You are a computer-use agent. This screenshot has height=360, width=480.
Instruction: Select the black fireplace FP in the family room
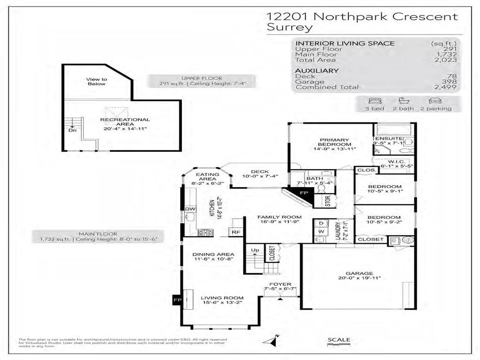click(303, 194)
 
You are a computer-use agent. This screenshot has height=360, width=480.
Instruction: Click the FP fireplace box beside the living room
click(178, 299)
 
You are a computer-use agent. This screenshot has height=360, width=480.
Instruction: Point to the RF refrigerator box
click(234, 232)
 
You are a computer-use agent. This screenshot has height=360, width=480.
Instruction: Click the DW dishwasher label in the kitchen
click(190, 209)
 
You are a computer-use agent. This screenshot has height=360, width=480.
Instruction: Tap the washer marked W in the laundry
click(322, 232)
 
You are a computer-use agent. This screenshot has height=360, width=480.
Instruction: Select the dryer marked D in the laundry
click(322, 223)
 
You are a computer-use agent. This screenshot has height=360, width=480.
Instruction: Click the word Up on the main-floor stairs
click(255, 250)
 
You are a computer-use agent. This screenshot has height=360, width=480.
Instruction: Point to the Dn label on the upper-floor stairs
click(73, 131)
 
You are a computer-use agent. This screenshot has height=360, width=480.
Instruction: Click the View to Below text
click(96, 82)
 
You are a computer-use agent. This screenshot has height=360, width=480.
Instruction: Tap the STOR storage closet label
click(328, 201)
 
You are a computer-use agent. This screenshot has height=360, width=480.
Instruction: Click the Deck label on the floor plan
click(259, 172)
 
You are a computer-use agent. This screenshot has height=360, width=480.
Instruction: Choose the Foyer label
click(280, 284)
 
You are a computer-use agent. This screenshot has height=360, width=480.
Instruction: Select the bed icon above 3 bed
click(376, 100)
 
